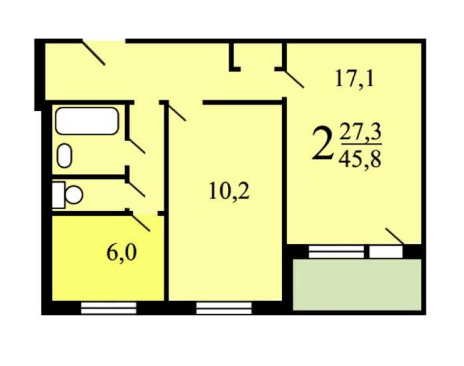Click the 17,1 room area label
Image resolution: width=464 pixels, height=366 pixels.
point(354,79)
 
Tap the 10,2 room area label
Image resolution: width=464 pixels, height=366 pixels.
point(229,191)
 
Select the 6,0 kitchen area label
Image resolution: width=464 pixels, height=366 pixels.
point(121,253)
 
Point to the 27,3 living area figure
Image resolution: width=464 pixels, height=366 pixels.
point(361,133)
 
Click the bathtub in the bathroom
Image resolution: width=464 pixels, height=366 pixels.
point(87,121)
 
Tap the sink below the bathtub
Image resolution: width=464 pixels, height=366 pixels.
point(64,155)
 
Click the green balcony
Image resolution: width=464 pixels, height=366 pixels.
point(357,284)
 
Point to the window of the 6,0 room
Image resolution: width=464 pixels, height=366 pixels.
point(109,307)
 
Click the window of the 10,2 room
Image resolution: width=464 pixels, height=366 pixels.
point(224,307)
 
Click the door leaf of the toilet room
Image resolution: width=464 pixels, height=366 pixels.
point(135,188)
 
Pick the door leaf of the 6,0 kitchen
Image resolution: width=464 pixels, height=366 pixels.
point(140,222)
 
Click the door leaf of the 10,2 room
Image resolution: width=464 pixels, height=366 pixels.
point(175,111)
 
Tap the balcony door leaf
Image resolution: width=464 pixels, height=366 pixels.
point(395,236)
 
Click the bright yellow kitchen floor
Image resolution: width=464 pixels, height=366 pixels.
point(108,258)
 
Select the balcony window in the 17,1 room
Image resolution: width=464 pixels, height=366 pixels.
point(337,251)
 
